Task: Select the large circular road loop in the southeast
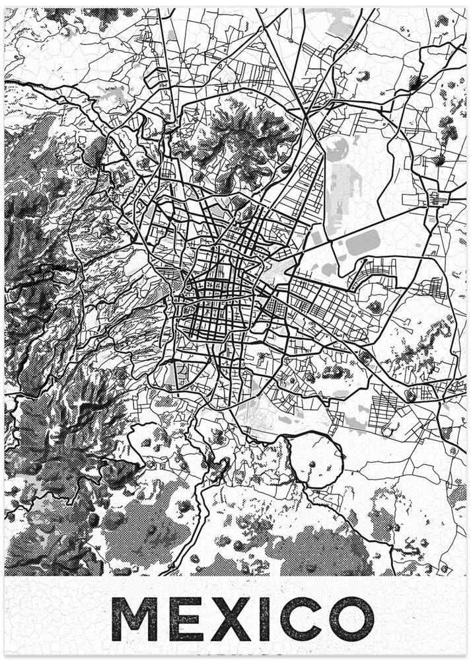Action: point(316,459)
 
